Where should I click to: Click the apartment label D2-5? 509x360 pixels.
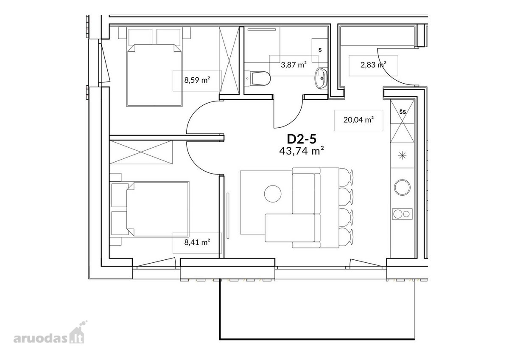pyautogui.click(x=301, y=139)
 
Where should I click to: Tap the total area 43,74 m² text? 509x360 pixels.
pyautogui.click(x=301, y=151)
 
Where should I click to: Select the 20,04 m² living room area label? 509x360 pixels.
pyautogui.click(x=358, y=120)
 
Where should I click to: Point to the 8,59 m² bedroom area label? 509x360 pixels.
pyautogui.click(x=197, y=80)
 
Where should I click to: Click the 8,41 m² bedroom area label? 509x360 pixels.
pyautogui.click(x=197, y=242)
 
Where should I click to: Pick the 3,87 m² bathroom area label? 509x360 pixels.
pyautogui.click(x=294, y=65)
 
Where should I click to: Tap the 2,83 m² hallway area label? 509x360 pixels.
pyautogui.click(x=373, y=65)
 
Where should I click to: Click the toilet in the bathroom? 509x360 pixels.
pyautogui.click(x=257, y=79)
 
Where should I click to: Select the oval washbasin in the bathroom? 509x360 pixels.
pyautogui.click(x=321, y=78)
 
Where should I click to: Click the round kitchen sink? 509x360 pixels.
pyautogui.click(x=402, y=187)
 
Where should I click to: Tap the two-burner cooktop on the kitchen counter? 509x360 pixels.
pyautogui.click(x=402, y=214)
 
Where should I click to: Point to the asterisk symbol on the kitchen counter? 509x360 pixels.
pyautogui.click(x=402, y=155)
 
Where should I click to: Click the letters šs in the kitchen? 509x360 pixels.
pyautogui.click(x=403, y=112)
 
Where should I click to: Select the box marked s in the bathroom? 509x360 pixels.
pyautogui.click(x=320, y=50)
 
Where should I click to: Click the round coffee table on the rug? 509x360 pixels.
pyautogui.click(x=273, y=194)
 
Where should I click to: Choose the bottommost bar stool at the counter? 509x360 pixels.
pyautogui.click(x=346, y=237)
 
